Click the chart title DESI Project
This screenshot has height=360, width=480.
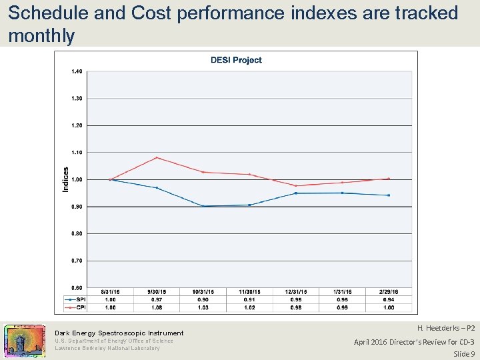pos(236,60)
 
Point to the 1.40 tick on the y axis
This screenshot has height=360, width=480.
pos(77,71)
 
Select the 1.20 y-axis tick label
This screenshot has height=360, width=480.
pos(77,125)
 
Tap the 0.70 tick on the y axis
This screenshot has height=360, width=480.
pos(77,261)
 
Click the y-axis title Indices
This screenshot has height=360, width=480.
pos(65,179)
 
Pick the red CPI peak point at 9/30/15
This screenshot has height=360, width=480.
pos(157,157)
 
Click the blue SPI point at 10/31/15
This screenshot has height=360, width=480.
pos(203,206)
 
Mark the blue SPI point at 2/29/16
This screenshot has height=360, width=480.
pos(389,195)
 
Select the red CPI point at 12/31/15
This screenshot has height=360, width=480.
pos(295,185)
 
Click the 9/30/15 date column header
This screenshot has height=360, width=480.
pos(157,292)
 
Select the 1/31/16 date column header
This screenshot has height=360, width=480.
pos(342,292)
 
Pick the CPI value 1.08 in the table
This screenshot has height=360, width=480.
pos(157,307)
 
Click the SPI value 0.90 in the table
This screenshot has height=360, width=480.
pos(203,299)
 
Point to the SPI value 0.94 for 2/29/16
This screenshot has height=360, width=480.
pos(389,299)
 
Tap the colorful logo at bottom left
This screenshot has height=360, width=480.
pos(25,341)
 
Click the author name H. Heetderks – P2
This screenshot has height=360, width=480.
pos(445,329)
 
